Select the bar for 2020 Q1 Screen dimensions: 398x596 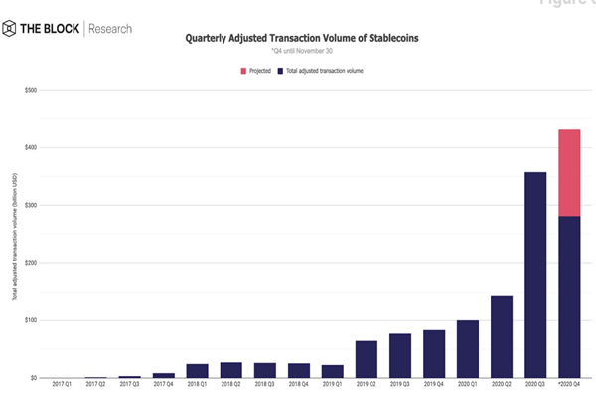pos(467,349)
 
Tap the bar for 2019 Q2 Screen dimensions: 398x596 pos(367,359)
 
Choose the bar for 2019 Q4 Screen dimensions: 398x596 pos(433,353)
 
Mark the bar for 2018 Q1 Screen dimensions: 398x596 pos(197,370)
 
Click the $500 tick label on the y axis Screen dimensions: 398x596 pos(31,90)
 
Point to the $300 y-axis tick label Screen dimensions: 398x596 pos(31,205)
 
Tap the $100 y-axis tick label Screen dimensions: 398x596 pos(31,320)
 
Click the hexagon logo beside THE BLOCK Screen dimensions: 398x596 pos(11,28)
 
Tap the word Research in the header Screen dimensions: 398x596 pos(109,28)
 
